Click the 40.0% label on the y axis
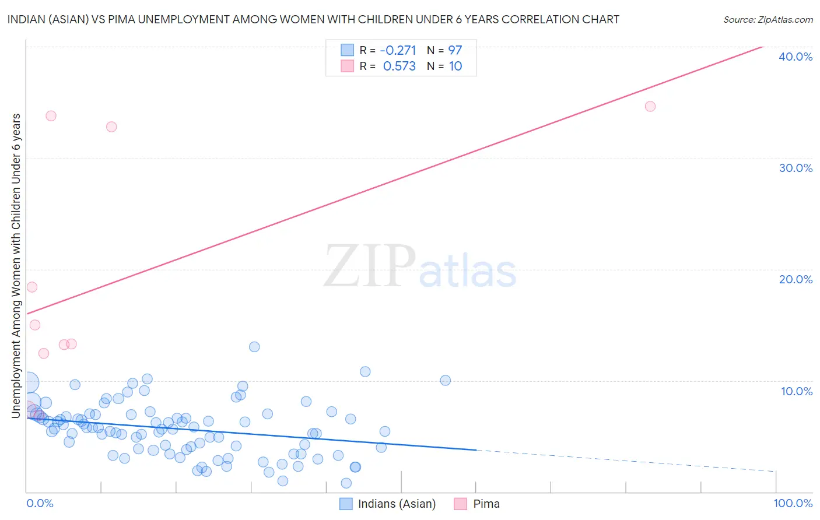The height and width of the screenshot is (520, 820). (x=796, y=57)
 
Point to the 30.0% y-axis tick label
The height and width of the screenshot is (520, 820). (x=796, y=168)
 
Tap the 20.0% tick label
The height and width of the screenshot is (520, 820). (x=796, y=279)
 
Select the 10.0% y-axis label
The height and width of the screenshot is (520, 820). (x=797, y=391)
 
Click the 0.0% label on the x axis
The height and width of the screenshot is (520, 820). (x=40, y=504)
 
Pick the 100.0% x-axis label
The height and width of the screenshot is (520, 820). (x=793, y=504)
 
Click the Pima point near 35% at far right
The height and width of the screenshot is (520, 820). (x=650, y=106)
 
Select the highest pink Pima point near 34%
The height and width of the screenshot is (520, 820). (x=51, y=115)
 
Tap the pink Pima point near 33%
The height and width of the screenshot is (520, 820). (x=111, y=127)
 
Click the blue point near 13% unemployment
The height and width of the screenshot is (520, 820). (x=254, y=347)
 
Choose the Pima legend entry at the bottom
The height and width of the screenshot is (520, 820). (x=486, y=504)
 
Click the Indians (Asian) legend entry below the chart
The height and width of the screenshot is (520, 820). (x=397, y=504)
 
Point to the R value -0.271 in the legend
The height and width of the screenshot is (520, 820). (x=398, y=51)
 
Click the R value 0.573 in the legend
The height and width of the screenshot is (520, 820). (x=399, y=66)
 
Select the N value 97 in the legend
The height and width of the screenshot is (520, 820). (x=455, y=51)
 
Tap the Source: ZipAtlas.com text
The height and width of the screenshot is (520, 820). (x=768, y=20)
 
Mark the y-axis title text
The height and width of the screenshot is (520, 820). (x=16, y=265)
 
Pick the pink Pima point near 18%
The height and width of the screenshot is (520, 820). (x=32, y=287)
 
